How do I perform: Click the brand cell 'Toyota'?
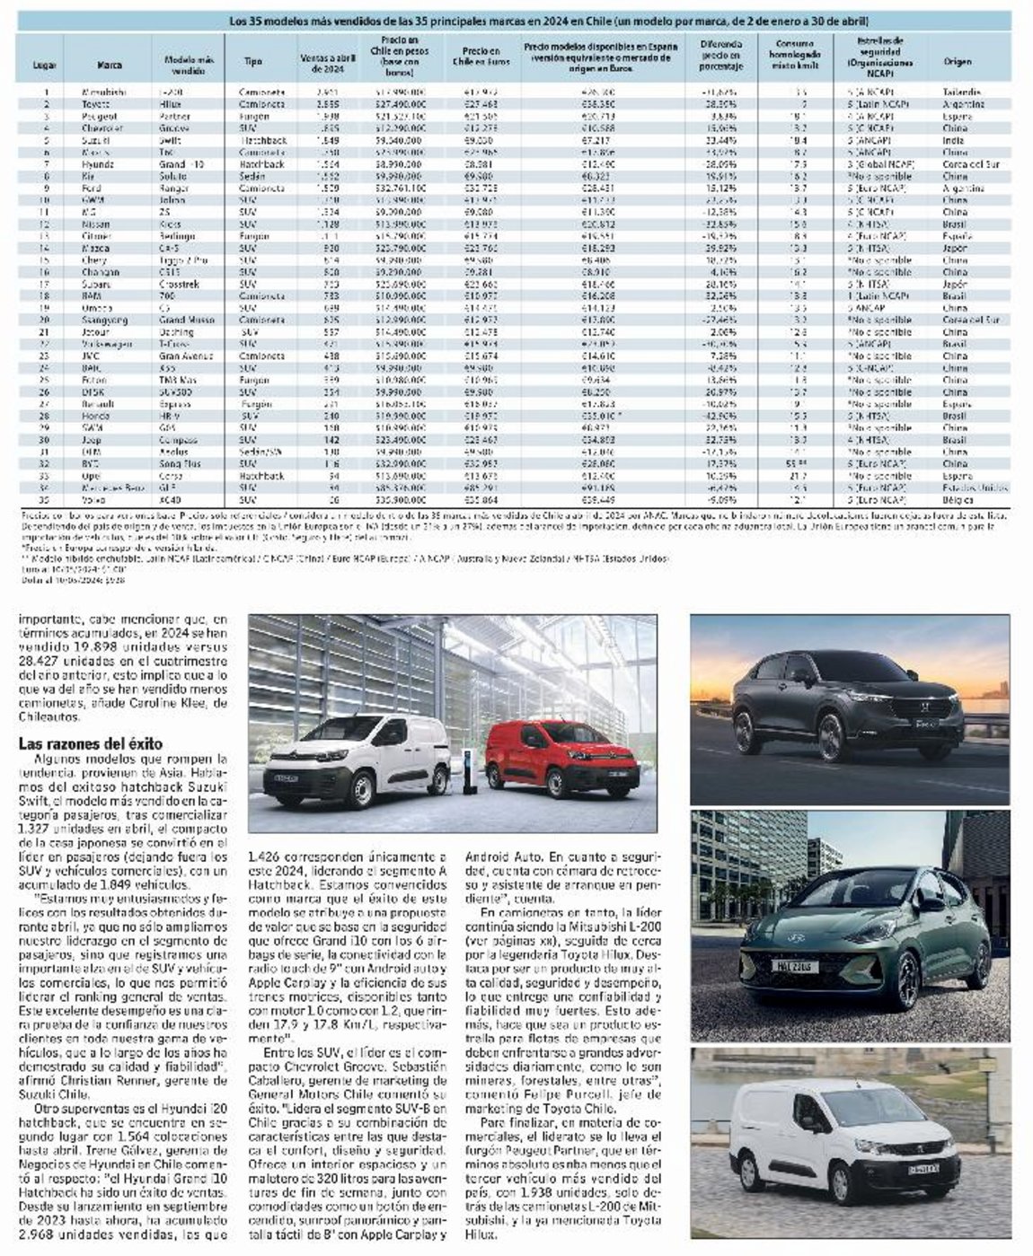pos(98,104)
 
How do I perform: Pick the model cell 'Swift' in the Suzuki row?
pos(169,140)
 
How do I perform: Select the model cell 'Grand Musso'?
pos(185,320)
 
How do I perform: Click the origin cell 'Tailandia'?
pos(962,92)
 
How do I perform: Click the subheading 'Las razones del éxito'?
pos(91,743)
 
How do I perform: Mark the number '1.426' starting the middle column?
pos(269,857)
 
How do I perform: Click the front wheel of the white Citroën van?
pos(360,789)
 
